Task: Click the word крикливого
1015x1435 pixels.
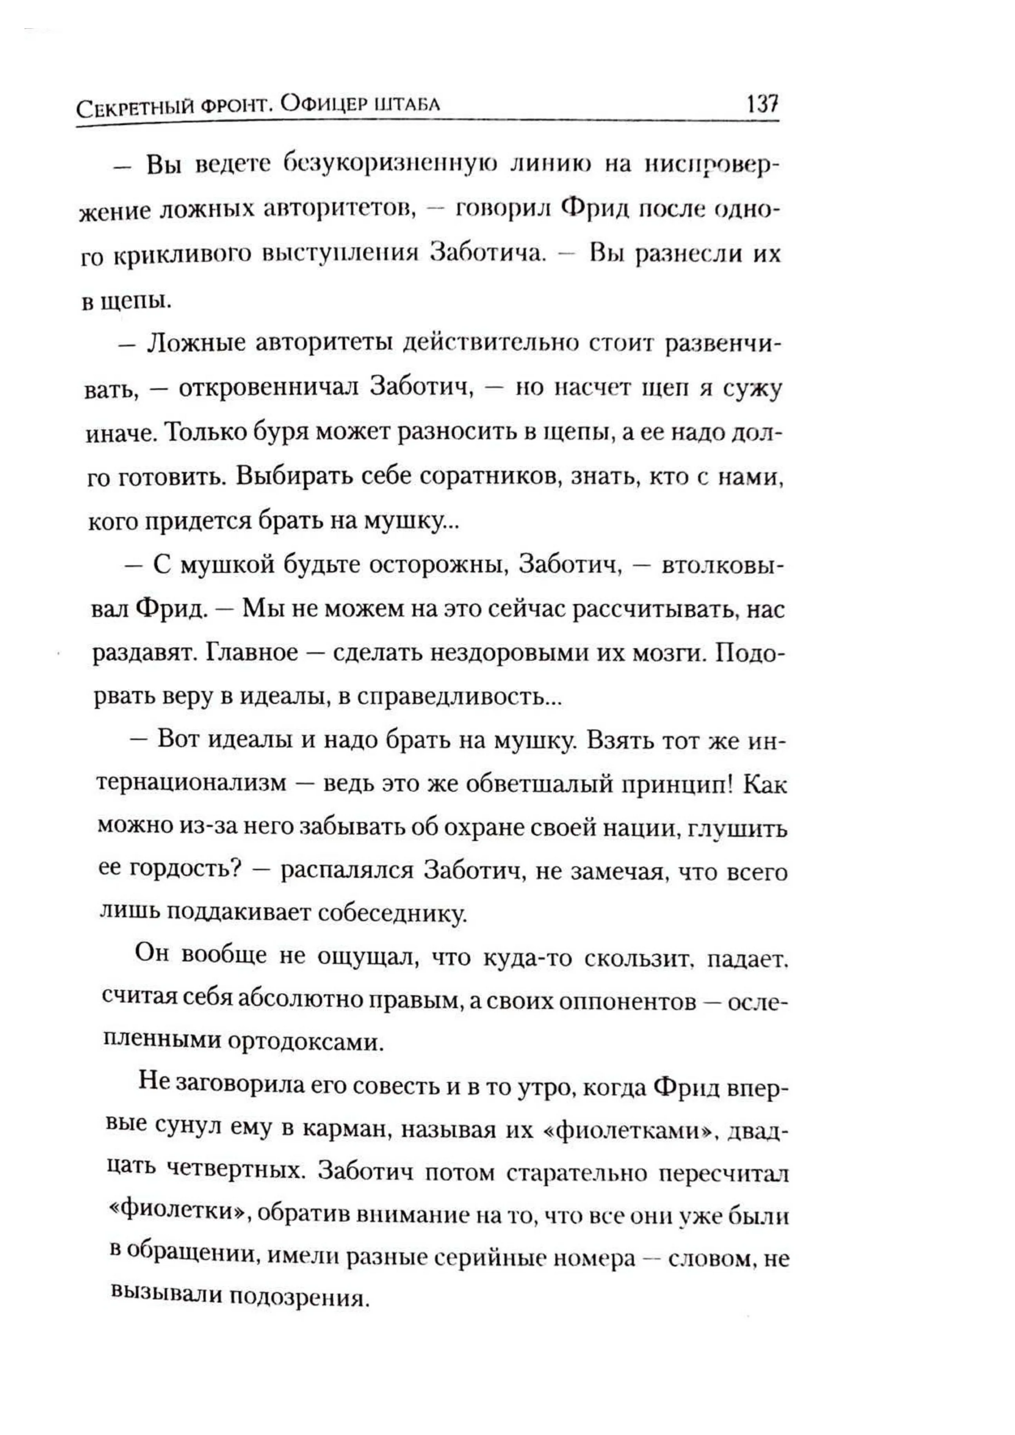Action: click(x=182, y=256)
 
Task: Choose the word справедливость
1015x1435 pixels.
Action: click(x=450, y=697)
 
